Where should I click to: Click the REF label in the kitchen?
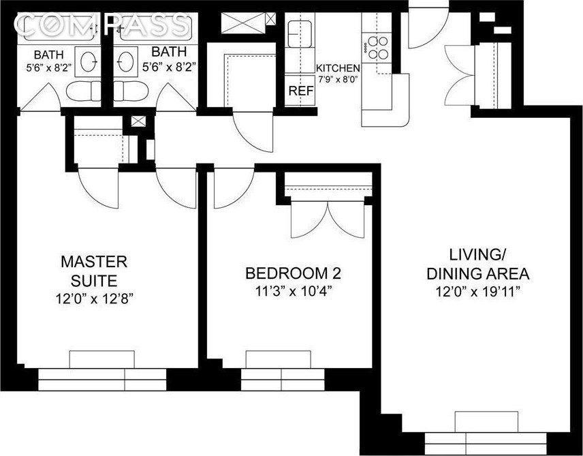[x=301, y=91]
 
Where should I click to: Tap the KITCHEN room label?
[x=338, y=68]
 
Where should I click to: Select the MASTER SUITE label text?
[x=94, y=271]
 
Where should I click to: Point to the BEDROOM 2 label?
[x=293, y=273]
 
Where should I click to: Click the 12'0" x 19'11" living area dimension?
[x=478, y=292]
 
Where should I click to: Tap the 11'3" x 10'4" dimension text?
[x=293, y=292]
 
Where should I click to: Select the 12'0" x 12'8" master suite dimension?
[x=94, y=299]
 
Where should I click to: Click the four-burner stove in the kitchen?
[x=377, y=48]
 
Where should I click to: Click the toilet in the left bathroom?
[x=83, y=91]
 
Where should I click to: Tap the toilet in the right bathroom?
[x=131, y=91]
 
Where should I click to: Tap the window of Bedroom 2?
[x=282, y=379]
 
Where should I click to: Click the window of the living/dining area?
[x=486, y=443]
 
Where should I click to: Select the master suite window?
[x=102, y=379]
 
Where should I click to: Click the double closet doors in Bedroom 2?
[x=328, y=219]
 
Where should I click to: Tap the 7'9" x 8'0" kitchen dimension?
[x=338, y=79]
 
